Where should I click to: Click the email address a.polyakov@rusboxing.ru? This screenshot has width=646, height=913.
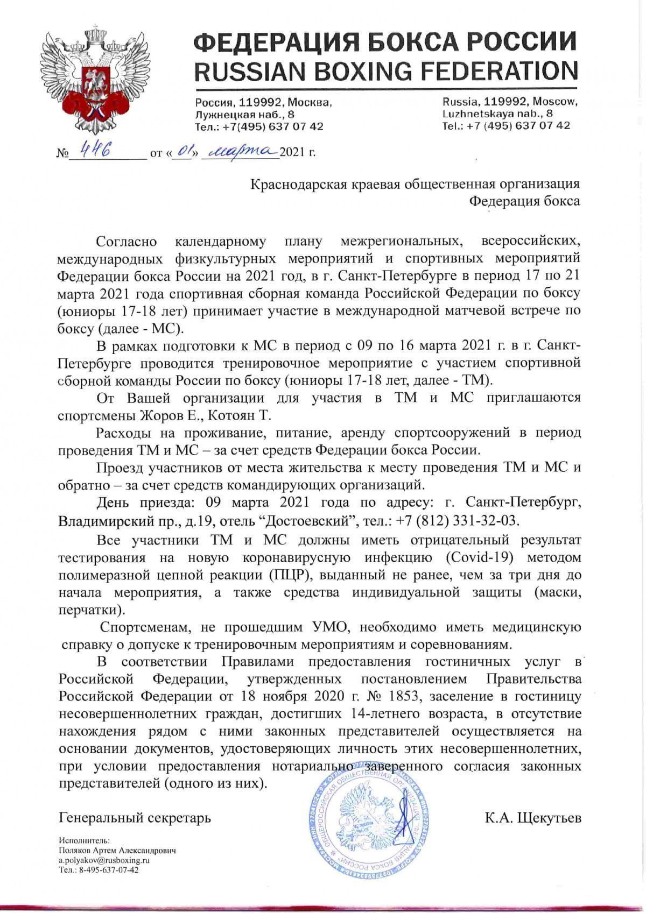pyautogui.click(x=104, y=860)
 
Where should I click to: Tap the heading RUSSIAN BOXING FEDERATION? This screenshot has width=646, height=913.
pyautogui.click(x=385, y=70)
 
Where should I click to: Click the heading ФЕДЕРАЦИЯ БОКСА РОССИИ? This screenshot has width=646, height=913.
pyautogui.click(x=385, y=41)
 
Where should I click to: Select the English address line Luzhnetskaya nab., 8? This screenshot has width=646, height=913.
pyautogui.click(x=497, y=114)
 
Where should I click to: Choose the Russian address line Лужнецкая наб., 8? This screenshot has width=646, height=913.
pyautogui.click(x=245, y=115)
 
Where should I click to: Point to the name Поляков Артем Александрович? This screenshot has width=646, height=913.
pyautogui.click(x=117, y=851)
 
